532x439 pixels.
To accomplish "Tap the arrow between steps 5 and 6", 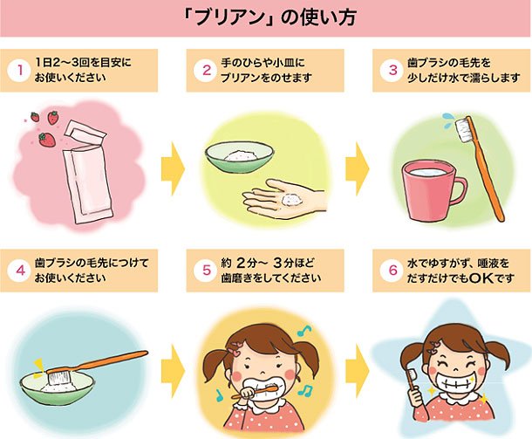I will coord(357,364).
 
